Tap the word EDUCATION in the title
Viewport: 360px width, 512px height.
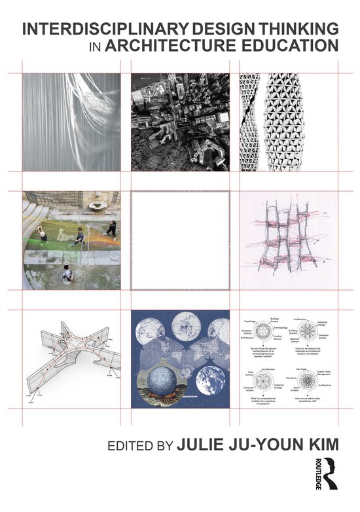point(282,46)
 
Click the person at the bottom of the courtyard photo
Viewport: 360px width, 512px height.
point(67,273)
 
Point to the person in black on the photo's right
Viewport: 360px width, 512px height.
point(112,229)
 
